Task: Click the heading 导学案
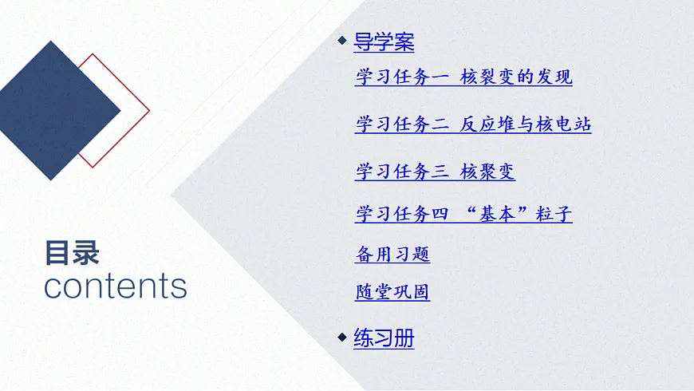point(384,41)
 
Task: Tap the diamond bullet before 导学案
point(342,41)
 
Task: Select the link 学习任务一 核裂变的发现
point(463,77)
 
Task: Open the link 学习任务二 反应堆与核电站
point(473,124)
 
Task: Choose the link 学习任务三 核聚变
point(435,171)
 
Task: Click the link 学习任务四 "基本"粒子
point(463,214)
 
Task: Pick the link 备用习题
point(392,255)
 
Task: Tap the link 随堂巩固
point(392,292)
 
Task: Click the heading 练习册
point(384,338)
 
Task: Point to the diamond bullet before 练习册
point(342,338)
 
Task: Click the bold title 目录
point(72,253)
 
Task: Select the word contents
point(115,286)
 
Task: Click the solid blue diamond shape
point(53,110)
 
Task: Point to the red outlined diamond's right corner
point(148,110)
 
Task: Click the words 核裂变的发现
point(516,77)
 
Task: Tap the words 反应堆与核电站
point(526,124)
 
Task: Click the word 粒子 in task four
point(554,214)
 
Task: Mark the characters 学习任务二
point(403,124)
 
